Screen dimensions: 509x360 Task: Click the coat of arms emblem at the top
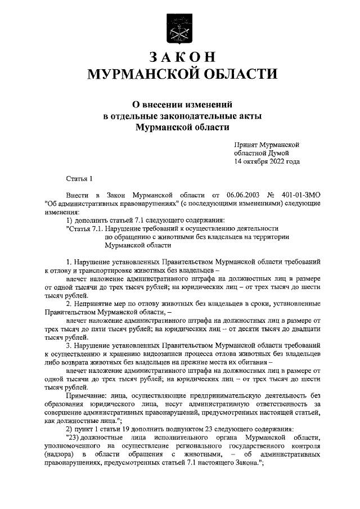pos(179,28)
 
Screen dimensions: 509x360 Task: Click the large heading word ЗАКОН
pos(180,58)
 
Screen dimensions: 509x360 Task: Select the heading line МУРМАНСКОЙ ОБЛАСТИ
pos(180,74)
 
